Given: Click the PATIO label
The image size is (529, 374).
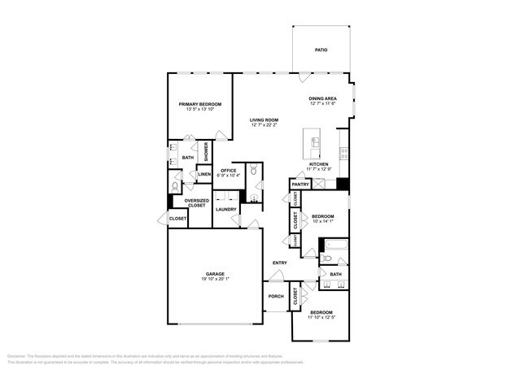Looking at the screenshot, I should tap(321, 50).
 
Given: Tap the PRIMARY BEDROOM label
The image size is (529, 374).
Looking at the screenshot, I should tap(200, 104).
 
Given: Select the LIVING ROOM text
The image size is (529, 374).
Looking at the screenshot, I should tap(264, 120).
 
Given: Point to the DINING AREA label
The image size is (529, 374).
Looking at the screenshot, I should tap(322, 99).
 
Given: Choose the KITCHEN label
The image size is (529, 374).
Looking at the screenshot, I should tap(317, 163).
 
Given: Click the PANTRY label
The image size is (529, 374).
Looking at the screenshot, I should tap(299, 185).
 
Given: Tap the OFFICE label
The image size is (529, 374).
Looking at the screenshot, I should tap(228, 170).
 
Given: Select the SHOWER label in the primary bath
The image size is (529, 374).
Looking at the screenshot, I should tap(206, 151).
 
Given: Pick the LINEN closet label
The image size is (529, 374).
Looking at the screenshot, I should tap(204, 175).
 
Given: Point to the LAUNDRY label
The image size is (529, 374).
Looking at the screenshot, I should tap(226, 209).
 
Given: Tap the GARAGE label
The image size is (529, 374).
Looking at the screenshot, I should tap(215, 274).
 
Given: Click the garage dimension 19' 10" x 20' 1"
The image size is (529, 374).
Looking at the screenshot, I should tap(215, 280).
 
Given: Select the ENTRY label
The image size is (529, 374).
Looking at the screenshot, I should tap(279, 263).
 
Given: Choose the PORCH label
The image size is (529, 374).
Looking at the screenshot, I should tap(276, 296).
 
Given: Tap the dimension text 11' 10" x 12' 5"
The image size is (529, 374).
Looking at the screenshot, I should tap(321, 317).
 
